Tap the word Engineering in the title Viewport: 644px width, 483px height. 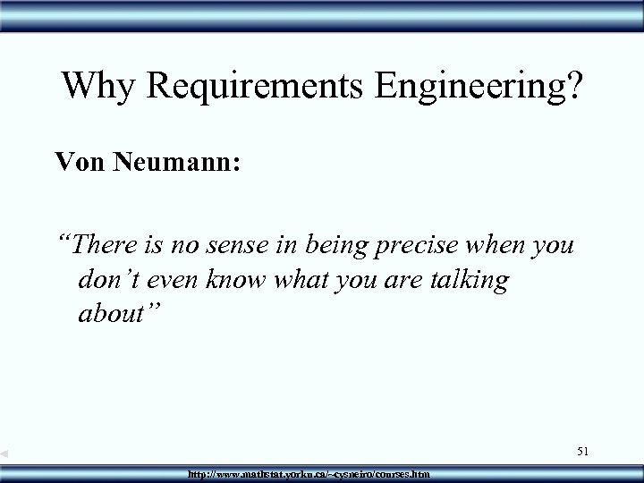click(470, 87)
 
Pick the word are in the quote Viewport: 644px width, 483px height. click(409, 281)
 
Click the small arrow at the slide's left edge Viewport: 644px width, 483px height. click(5, 455)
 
